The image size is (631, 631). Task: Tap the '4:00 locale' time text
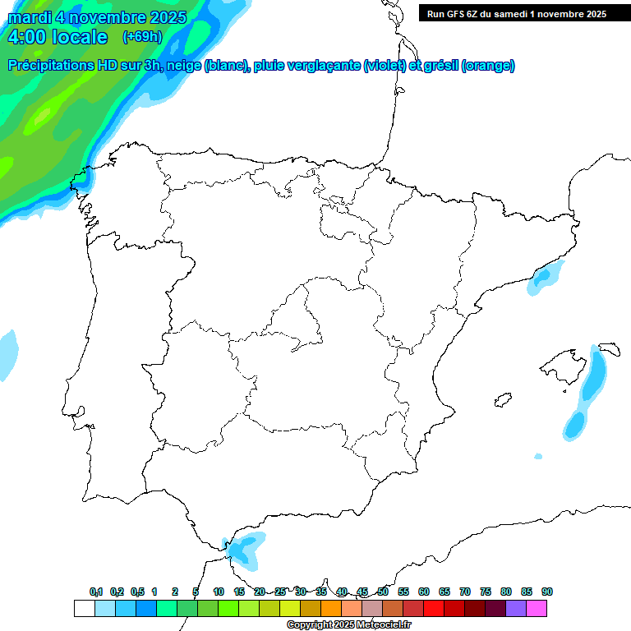pyautogui.click(x=58, y=37)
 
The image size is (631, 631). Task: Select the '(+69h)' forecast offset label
pyautogui.click(x=142, y=36)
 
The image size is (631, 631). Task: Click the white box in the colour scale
pyautogui.click(x=84, y=608)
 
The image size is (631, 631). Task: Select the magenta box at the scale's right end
pyautogui.click(x=537, y=608)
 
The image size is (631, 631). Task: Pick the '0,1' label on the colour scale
pyautogui.click(x=96, y=592)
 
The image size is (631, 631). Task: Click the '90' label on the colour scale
pyautogui.click(x=547, y=592)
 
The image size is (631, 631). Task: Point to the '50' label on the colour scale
pyautogui.click(x=383, y=592)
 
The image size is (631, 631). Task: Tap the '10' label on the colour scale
pyautogui.click(x=219, y=592)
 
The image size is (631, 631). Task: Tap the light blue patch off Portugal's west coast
pyautogui.click(x=7, y=353)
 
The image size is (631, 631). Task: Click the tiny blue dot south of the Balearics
pyautogui.click(x=538, y=456)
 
